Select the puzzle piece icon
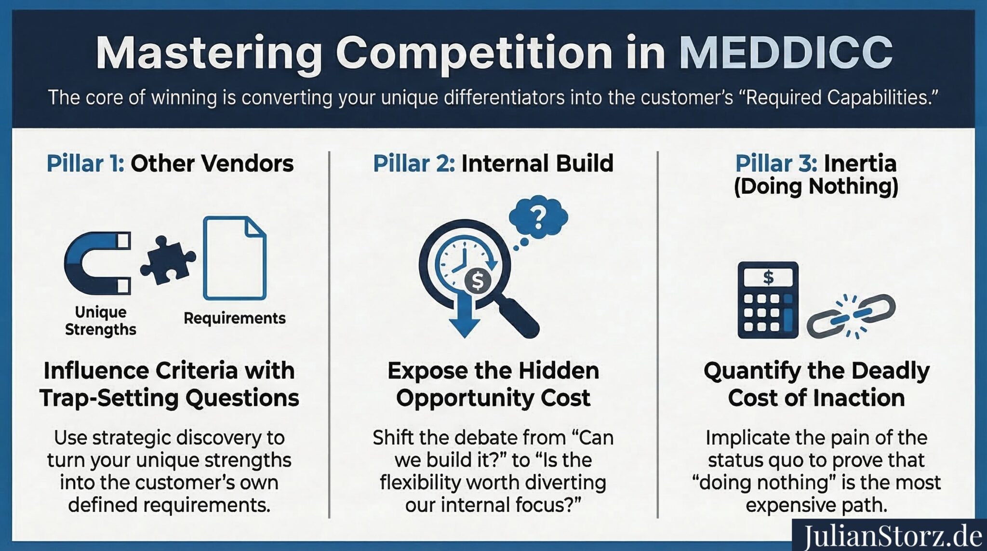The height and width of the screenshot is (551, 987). [x=167, y=260]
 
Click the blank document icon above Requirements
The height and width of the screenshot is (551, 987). [x=235, y=258]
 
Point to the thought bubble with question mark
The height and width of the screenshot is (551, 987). [x=539, y=218]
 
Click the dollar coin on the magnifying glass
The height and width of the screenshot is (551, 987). [x=477, y=281]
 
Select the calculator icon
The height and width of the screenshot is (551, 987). [x=768, y=300]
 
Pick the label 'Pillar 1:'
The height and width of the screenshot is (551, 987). [x=85, y=163]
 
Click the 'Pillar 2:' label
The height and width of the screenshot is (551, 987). [x=413, y=163]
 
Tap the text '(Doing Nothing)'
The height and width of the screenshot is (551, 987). [x=816, y=187]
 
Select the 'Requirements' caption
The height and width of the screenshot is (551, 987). [x=235, y=318]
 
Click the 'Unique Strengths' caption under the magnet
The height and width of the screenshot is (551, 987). [x=100, y=321]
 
